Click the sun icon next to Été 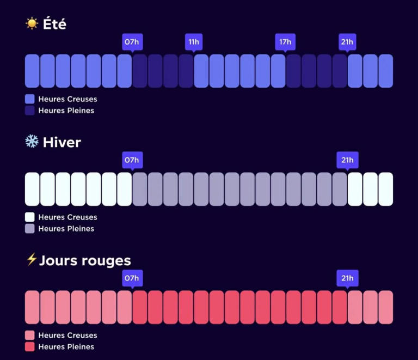tap(32, 23)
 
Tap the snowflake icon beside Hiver tap(32, 141)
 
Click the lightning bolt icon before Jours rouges tap(32, 259)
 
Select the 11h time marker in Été tap(194, 42)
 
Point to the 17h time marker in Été tap(285, 42)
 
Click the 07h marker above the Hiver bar tap(132, 160)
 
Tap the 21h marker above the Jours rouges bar tap(347, 278)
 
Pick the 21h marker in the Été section tap(347, 42)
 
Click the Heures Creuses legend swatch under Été tap(29, 99)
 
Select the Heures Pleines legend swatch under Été tap(29, 111)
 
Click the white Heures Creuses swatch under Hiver tap(29, 217)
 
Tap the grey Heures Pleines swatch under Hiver tap(29, 229)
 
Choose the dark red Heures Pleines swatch tap(29, 347)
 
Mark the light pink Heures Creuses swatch tap(29, 335)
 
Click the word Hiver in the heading tap(62, 142)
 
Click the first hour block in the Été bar tap(32, 71)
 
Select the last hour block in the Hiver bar tap(386, 189)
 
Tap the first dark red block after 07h tap(140, 307)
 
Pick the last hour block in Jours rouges tap(386, 307)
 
